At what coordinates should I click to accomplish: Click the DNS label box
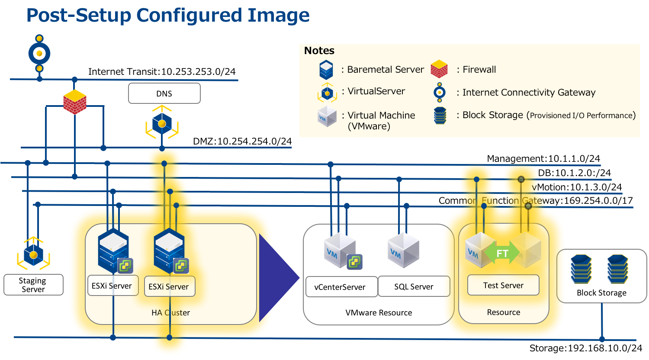click(164, 93)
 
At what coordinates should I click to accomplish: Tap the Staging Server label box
click(33, 285)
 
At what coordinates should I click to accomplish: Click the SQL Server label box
click(414, 286)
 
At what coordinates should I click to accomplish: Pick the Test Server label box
click(503, 286)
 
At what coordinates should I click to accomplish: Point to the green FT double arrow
click(502, 253)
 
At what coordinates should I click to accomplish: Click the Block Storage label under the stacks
click(601, 293)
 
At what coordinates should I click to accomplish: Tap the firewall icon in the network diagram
click(74, 102)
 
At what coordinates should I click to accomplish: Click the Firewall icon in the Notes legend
click(439, 69)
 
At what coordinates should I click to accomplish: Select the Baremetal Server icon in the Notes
click(326, 69)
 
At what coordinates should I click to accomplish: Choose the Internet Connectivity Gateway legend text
click(529, 93)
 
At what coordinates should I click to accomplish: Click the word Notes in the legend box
click(319, 51)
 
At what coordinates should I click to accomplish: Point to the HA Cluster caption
click(170, 312)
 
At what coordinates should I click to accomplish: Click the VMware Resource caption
click(379, 312)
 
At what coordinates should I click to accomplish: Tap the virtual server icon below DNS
click(162, 124)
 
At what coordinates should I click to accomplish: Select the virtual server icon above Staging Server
click(33, 254)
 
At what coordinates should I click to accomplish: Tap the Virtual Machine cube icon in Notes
click(327, 117)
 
